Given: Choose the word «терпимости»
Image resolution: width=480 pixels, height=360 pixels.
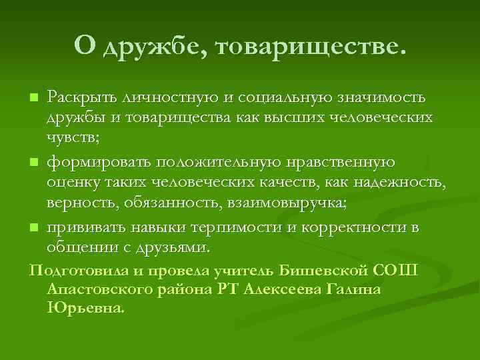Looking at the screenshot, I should [x=237, y=228].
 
